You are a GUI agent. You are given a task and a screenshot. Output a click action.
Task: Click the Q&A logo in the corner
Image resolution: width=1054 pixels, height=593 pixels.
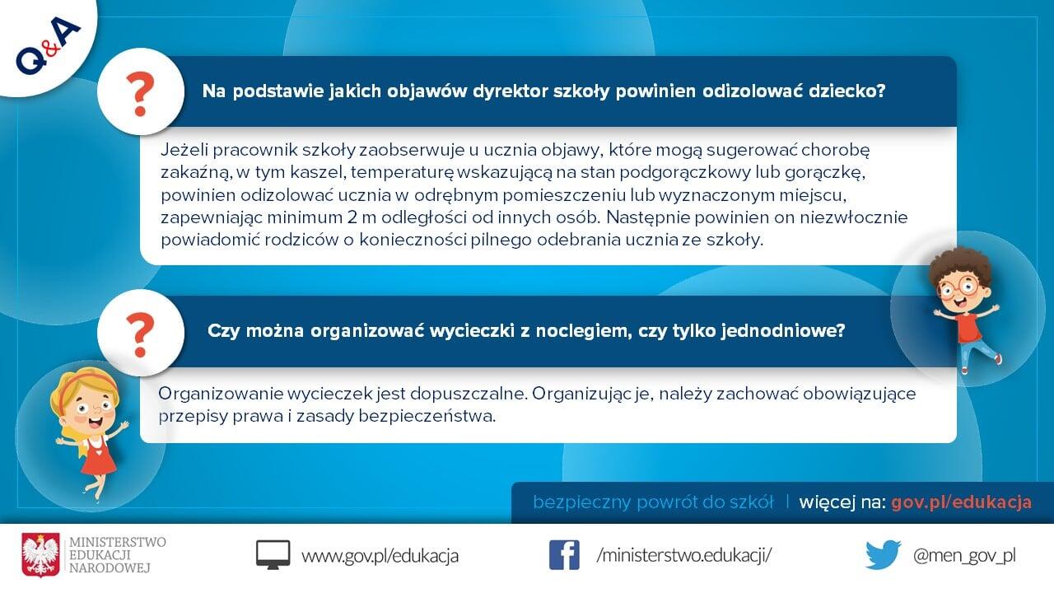pos(48,45)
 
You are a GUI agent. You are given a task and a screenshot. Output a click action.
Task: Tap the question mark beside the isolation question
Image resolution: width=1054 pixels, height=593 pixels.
pos(140,94)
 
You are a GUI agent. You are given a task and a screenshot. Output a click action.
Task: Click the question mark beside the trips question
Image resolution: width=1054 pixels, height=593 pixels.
pos(140,334)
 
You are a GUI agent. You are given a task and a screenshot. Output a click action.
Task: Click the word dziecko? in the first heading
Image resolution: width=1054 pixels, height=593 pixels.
pos(847,91)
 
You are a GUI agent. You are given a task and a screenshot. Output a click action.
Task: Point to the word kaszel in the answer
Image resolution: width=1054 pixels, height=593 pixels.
pos(317,172)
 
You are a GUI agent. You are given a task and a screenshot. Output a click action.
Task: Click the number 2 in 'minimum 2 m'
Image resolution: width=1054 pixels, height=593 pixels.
pos(352,217)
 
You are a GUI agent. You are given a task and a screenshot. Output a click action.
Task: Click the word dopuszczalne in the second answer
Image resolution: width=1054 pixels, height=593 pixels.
pos(468,394)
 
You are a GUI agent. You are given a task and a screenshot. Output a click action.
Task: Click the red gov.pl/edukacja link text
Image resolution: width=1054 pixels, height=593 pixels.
pos(961,502)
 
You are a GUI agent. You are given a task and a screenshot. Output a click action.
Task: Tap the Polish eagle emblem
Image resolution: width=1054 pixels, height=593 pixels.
pos(40,555)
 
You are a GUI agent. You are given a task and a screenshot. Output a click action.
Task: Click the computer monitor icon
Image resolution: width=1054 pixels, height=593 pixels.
pos(273,555)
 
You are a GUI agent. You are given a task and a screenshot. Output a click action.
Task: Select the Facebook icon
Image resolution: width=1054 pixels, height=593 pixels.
pos(564,555)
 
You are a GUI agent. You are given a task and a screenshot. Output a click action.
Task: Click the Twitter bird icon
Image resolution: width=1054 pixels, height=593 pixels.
pos(884,555)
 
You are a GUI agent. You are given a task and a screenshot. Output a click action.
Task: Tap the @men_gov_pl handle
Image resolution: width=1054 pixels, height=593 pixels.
pos(964,556)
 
